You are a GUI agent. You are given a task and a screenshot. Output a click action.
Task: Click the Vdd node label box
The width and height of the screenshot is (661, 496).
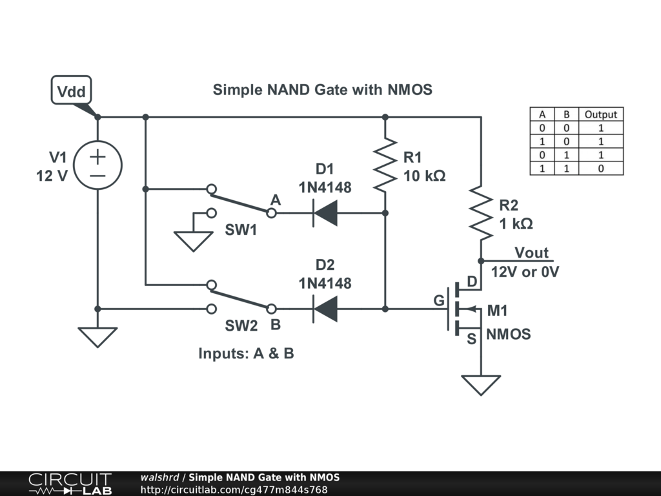71,91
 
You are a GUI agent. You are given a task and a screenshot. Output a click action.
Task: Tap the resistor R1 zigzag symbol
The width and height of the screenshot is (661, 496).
385,165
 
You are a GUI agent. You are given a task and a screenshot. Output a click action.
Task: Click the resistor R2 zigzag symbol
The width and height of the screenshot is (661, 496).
481,212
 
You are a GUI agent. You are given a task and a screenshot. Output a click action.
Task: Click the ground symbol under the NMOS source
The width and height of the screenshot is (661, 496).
481,385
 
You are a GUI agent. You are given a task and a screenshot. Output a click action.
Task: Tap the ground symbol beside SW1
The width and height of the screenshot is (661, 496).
193,241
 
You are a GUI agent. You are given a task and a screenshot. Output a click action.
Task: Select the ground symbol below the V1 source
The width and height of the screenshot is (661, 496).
97,336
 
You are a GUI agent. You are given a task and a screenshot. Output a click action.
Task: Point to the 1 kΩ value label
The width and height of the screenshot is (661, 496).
516,223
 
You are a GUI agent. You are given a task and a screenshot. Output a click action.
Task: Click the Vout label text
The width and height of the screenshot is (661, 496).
531,253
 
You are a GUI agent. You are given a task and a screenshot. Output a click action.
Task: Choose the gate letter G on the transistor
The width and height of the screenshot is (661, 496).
439,300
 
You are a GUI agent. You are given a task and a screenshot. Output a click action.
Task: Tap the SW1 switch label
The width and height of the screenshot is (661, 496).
241,230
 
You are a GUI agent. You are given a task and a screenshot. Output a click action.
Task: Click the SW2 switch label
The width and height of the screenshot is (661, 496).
241,326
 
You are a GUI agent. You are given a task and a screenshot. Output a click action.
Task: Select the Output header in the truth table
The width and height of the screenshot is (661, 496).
600,114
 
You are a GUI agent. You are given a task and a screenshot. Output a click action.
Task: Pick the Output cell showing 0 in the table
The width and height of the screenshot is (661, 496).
600,169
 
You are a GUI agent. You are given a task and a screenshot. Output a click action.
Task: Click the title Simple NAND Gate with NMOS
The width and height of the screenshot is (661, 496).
322,90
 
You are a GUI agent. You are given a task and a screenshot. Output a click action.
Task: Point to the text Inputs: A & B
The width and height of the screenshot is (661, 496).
246,354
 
